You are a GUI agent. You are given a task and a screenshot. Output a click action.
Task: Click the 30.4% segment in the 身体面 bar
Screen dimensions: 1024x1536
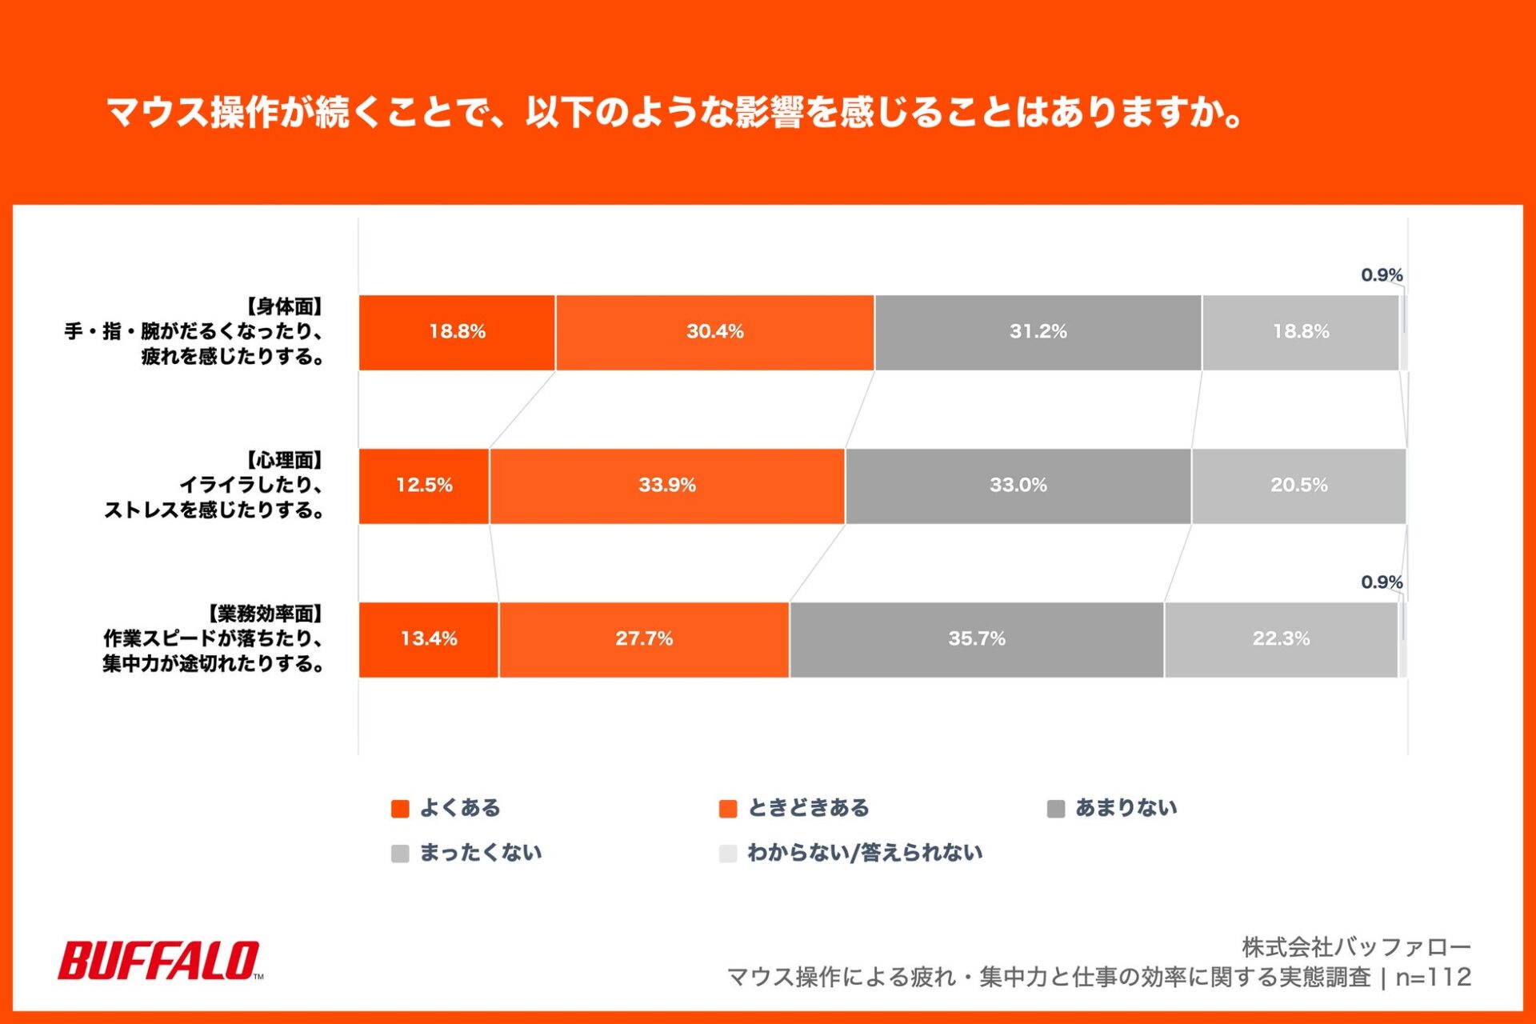coord(714,332)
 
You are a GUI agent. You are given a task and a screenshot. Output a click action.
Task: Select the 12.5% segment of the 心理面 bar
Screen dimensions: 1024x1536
coord(424,486)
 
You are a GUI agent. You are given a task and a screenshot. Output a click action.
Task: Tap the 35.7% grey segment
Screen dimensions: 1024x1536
coord(976,639)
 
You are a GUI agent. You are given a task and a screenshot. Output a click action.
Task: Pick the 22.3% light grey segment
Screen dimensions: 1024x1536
coord(1281,639)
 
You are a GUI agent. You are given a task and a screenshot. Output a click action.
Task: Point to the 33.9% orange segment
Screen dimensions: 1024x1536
coord(666,486)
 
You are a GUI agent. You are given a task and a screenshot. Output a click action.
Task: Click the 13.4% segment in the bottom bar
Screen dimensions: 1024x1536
coord(428,639)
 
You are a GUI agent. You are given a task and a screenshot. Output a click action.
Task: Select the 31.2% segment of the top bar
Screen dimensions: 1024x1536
coord(1038,332)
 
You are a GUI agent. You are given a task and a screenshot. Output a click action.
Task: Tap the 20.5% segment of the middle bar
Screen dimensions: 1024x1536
coord(1298,486)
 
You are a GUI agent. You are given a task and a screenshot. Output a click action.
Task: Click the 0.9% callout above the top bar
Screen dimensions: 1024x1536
coord(1382,275)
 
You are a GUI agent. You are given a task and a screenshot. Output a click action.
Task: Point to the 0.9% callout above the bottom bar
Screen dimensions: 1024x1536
coord(1382,582)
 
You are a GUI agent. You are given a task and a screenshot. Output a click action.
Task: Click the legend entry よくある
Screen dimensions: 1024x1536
coord(459,808)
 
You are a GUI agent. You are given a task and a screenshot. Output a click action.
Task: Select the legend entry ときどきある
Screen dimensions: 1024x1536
coord(807,808)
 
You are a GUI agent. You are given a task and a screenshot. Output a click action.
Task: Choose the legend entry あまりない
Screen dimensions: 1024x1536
coord(1125,808)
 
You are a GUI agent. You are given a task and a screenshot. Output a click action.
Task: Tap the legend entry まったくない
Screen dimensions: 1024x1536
coord(480,853)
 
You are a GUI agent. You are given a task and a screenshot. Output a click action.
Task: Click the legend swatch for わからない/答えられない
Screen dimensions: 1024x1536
coord(727,854)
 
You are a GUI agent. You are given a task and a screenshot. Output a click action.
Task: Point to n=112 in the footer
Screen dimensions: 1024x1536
coord(1433,978)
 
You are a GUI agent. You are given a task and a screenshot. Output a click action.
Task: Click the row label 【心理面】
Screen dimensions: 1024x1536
coord(284,461)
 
